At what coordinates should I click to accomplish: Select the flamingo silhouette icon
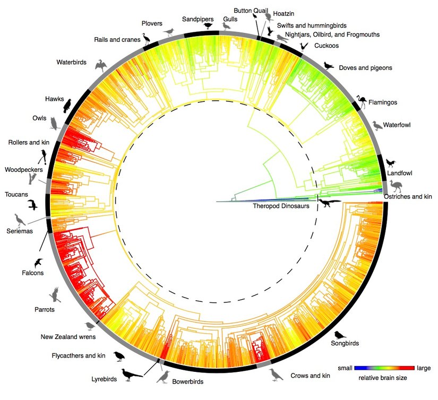363,101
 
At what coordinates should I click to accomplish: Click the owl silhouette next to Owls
54,123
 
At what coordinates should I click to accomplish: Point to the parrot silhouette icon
55,294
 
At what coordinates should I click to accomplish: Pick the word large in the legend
424,368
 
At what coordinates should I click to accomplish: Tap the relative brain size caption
383,378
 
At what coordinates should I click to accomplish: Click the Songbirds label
345,343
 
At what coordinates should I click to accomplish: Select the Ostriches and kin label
408,196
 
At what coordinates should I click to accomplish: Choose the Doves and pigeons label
365,68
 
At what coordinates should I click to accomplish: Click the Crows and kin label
311,376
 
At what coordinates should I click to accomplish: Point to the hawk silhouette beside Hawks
68,105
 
